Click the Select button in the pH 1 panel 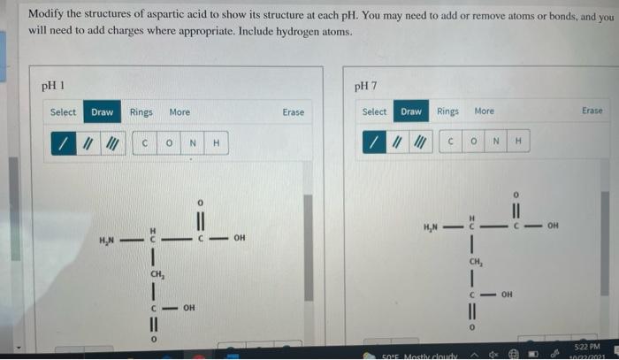click(63, 112)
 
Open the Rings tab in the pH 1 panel click(141, 112)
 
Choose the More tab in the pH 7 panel click(485, 111)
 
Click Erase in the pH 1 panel click(294, 112)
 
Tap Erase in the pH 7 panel click(592, 111)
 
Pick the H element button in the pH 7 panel click(519, 142)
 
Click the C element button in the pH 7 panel click(451, 142)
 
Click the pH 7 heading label click(365, 87)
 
